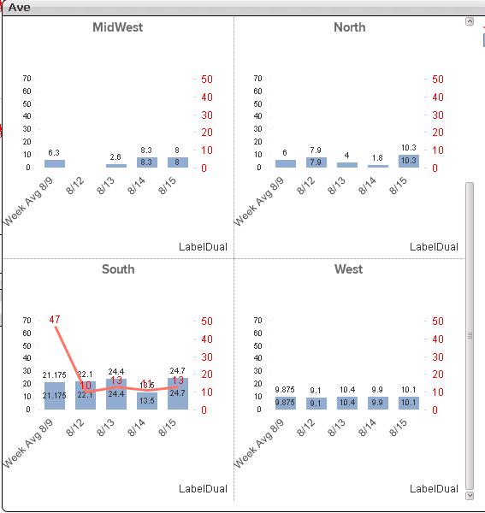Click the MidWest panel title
(x=118, y=27)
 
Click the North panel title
(x=349, y=27)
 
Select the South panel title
(x=118, y=269)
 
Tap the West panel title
(x=349, y=269)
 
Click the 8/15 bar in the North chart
(x=409, y=161)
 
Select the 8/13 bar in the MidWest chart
(x=116, y=165)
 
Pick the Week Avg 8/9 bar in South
(x=55, y=396)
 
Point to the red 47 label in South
(x=55, y=320)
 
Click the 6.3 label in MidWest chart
(x=54, y=152)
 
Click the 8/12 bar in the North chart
(x=316, y=162)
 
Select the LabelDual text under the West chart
(x=434, y=489)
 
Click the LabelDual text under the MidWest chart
(x=203, y=247)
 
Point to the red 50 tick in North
(x=437, y=80)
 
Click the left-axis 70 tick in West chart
(x=257, y=321)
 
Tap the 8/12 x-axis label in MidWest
(x=77, y=186)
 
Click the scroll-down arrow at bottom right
(x=469, y=495)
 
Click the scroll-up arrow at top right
(x=469, y=21)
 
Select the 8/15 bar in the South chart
(x=178, y=393)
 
